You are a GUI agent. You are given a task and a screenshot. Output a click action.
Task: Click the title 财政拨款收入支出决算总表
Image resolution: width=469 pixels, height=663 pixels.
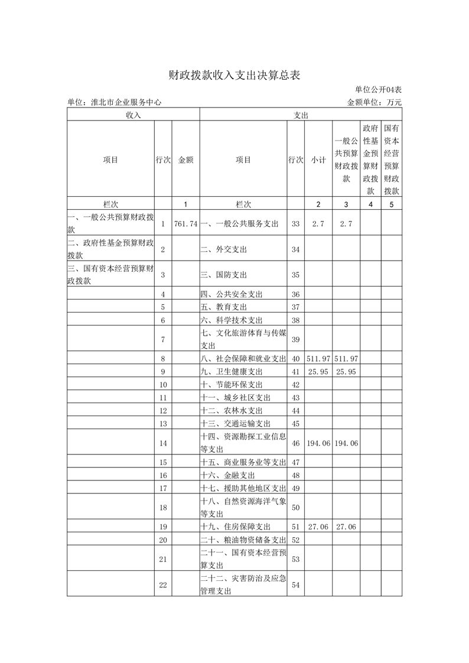234,76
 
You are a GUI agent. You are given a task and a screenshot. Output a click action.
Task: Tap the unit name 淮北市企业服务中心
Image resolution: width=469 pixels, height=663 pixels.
115,102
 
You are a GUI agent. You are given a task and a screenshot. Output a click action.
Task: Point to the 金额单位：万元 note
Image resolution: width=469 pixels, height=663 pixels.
374,102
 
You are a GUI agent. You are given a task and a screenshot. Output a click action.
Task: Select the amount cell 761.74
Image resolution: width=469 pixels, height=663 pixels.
186,224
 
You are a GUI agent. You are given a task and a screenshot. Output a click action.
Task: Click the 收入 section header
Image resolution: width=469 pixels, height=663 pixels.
133,115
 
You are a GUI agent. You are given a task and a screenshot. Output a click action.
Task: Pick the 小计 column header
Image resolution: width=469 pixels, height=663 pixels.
318,160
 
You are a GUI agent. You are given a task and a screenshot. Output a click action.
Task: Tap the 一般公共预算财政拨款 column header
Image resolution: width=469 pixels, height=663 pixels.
346,160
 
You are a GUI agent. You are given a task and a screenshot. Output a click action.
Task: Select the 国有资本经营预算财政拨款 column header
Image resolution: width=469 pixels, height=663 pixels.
391,160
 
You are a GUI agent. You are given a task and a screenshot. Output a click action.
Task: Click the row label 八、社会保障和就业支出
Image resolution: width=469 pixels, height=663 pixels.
243,359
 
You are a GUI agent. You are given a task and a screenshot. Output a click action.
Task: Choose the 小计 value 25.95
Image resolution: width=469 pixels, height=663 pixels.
318,372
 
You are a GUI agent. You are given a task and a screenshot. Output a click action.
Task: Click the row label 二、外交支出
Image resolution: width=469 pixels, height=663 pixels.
224,249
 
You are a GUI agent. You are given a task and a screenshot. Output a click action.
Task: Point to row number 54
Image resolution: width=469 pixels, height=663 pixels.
296,584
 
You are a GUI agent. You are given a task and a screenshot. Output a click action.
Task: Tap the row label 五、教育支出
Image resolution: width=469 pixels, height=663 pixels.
224,307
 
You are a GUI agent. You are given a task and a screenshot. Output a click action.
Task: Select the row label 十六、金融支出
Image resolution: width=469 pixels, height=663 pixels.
228,474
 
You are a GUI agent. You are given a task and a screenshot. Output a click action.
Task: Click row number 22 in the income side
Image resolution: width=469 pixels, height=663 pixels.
163,584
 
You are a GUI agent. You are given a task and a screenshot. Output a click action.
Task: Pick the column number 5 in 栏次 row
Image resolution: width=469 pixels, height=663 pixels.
391,204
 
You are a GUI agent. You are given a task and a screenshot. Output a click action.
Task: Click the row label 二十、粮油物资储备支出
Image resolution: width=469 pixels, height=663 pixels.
243,539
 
